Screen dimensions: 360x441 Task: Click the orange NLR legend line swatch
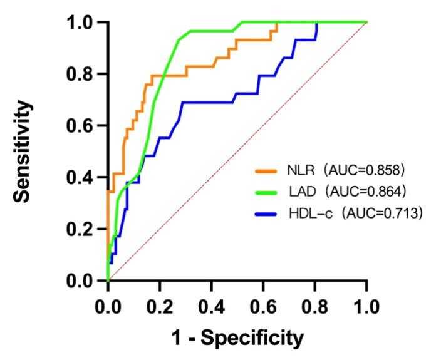267,169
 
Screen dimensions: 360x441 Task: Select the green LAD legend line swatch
267,192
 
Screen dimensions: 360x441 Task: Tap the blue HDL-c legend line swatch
267,214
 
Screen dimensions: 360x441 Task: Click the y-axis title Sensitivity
24,152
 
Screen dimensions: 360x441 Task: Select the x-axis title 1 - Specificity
237,339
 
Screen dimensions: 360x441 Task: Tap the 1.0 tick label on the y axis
83,23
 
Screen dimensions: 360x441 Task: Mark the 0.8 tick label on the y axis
83,75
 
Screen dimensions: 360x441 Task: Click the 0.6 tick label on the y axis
83,126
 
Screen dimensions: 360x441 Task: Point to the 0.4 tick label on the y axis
83,178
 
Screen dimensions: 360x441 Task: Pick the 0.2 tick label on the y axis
83,229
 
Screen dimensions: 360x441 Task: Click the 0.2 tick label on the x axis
160,307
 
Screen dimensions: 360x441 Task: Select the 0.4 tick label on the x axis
212,307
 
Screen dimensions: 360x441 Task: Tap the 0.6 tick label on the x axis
263,307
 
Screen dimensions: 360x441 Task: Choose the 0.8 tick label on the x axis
315,307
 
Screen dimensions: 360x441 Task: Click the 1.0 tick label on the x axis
366,307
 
